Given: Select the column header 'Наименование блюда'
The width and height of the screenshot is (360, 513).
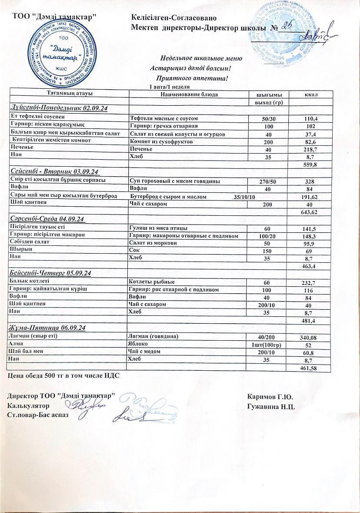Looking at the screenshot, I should pos(189,94).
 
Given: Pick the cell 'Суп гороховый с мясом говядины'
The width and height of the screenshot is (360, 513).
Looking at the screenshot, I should pos(175,181).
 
